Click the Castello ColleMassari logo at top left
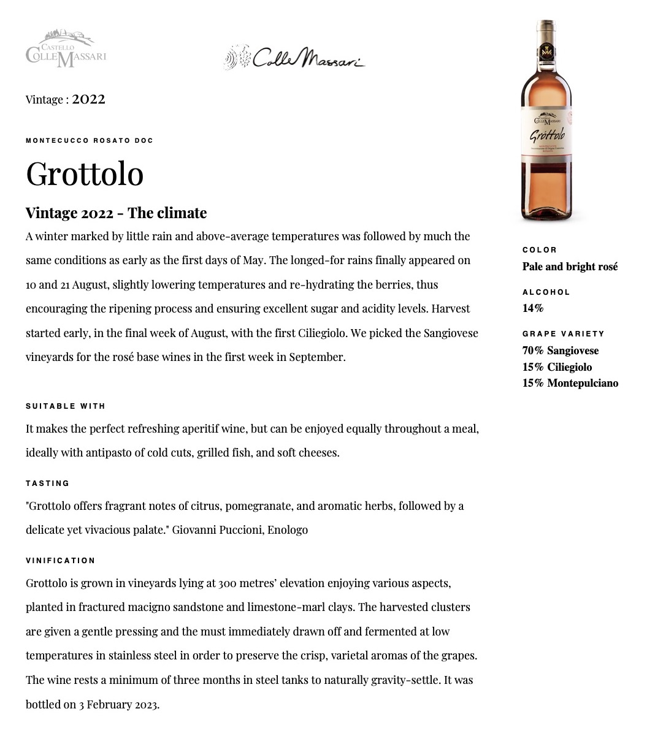click(x=66, y=48)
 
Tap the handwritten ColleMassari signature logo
click(x=294, y=58)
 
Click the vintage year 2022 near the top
click(x=88, y=99)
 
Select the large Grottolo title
click(x=85, y=173)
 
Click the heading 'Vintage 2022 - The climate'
click(x=116, y=213)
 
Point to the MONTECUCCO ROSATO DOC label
click(x=90, y=140)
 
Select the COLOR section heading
click(x=540, y=250)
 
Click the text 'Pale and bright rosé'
click(x=570, y=267)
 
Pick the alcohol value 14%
click(x=533, y=308)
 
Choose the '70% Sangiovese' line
click(x=560, y=351)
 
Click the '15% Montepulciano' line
click(x=570, y=383)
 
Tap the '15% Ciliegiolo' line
click(x=557, y=367)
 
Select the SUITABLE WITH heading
click(x=66, y=406)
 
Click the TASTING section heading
click(x=48, y=484)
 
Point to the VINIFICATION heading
click(x=61, y=561)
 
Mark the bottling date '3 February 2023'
click(x=118, y=704)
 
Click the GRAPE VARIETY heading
click(x=563, y=334)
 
